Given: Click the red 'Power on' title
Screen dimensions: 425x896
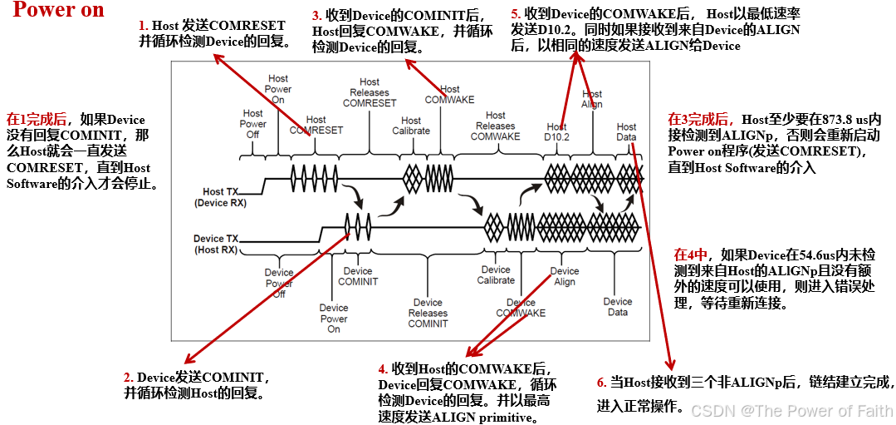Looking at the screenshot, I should tap(59, 11).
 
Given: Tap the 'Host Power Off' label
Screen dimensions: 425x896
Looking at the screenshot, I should tap(253, 124).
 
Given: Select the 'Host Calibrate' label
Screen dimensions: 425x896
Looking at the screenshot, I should tap(411, 126).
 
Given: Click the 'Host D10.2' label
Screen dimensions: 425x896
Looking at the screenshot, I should tap(556, 131).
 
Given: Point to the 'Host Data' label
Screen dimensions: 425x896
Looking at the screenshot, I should tap(627, 131).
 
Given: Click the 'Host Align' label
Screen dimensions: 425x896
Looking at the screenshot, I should tap(592, 99).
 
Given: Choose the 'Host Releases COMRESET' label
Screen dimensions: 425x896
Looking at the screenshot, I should tap(370, 92).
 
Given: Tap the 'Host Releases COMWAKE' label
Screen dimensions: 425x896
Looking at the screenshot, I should tap(495, 126).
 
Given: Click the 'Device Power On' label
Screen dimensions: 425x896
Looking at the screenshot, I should tap(334, 319).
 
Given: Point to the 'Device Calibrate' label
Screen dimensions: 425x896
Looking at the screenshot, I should tap(496, 274).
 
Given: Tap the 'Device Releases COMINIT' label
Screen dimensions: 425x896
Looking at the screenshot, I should tap(428, 313).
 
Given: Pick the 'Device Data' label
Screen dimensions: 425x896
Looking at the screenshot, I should tap(618, 307).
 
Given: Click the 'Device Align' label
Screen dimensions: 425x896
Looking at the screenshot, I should tap(565, 276).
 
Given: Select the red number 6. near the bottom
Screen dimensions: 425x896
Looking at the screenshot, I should tap(602, 383).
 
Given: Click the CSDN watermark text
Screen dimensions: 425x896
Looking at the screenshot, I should tap(790, 411).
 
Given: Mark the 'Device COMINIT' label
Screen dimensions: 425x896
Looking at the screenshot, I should tap(358, 276).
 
